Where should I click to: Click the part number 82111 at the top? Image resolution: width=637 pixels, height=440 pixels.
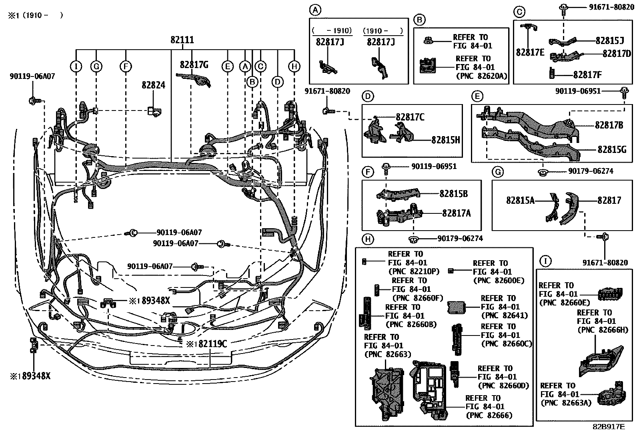click(182, 40)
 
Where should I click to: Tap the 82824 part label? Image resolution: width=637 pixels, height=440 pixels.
click(153, 85)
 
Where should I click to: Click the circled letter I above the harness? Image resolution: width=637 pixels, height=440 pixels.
click(76, 66)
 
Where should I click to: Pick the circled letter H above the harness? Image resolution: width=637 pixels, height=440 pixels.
click(294, 66)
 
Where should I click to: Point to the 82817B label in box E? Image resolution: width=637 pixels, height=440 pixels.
click(609, 125)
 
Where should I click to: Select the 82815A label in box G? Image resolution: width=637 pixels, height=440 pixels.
click(520, 200)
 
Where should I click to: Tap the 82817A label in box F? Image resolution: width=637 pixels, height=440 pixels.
click(457, 213)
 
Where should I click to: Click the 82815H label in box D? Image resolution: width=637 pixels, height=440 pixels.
click(445, 140)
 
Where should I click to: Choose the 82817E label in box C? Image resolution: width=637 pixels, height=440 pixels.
click(530, 52)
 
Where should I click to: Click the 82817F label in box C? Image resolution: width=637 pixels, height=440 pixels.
click(587, 74)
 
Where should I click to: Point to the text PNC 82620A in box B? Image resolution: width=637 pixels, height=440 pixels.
click(482, 76)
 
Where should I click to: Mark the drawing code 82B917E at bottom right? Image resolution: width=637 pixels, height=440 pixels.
click(609, 426)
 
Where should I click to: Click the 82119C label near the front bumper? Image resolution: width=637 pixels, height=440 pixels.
click(209, 344)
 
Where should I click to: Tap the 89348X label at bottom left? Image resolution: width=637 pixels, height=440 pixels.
click(36, 376)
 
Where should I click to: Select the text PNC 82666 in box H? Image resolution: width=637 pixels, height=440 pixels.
click(489, 415)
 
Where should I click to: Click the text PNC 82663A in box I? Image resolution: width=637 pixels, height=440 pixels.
click(566, 403)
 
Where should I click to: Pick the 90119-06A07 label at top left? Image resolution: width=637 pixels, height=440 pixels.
click(32, 76)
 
